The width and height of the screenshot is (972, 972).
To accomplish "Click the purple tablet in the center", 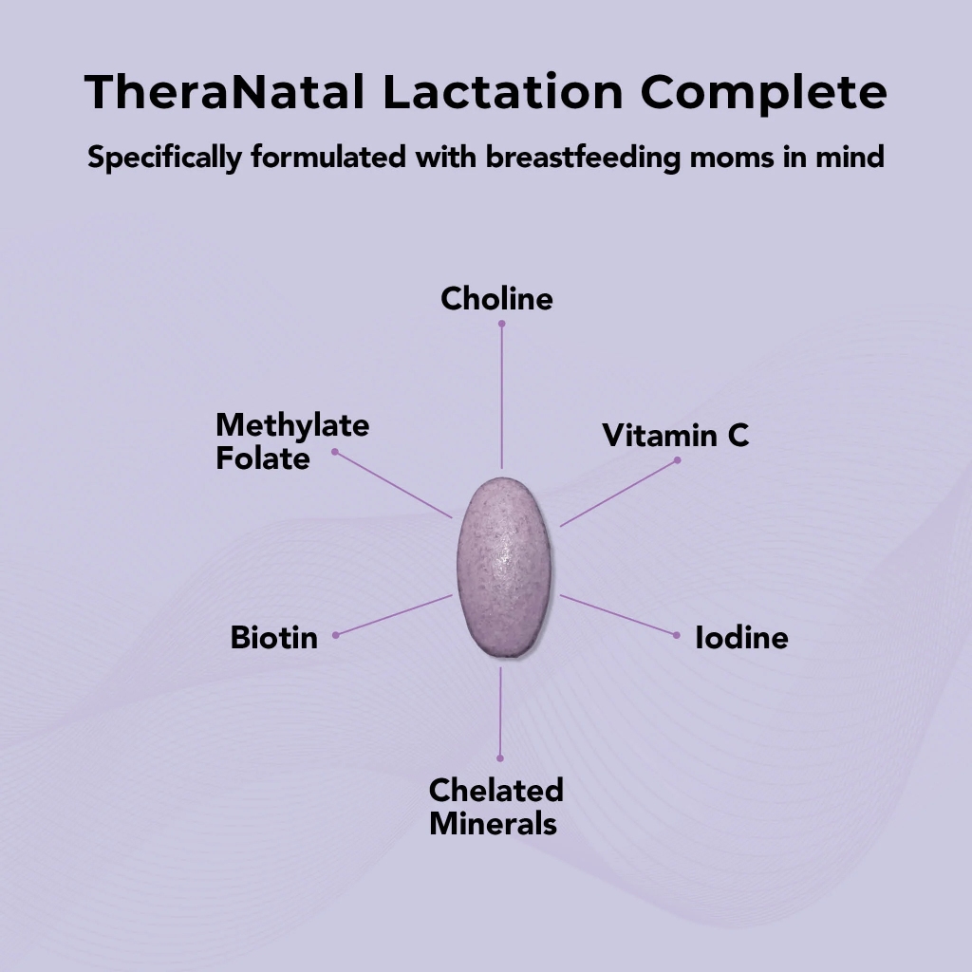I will (503, 567).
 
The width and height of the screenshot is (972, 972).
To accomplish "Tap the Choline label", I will (496, 299).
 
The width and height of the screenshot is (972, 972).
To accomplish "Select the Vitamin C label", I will (675, 436).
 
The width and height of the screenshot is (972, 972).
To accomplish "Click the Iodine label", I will (741, 638).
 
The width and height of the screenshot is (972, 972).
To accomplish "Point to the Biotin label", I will (273, 638).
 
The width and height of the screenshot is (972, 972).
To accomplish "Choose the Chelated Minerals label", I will (495, 806).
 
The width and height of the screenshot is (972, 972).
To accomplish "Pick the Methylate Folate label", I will (291, 441).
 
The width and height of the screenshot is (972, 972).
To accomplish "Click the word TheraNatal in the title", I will (224, 93).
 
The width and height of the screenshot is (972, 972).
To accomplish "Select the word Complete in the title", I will (763, 93).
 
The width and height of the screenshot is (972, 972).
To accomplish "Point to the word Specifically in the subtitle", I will (165, 158).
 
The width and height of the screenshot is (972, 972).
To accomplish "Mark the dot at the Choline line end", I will (502, 324).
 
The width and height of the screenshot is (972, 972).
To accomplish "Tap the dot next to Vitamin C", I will (678, 460).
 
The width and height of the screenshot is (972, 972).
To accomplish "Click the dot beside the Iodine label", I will (676, 634).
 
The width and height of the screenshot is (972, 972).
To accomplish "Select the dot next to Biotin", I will (336, 634).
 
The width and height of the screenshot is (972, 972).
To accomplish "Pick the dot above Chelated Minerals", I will (500, 758).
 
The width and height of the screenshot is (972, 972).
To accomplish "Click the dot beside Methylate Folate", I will (335, 452).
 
